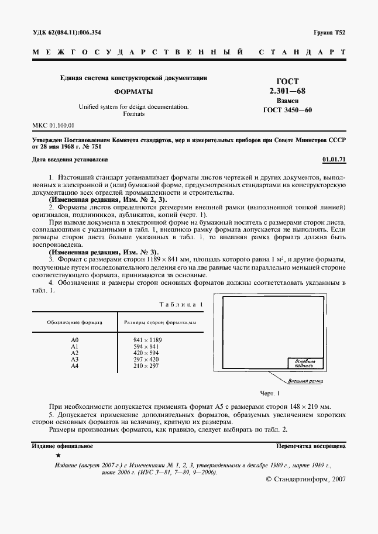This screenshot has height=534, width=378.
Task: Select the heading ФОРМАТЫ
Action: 133,92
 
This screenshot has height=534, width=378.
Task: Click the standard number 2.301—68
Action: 287,91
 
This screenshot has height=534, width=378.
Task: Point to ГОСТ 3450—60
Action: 288,109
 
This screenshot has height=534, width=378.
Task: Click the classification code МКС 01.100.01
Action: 53,125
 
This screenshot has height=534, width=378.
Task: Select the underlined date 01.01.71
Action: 334,159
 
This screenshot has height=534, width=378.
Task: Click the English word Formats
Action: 133,114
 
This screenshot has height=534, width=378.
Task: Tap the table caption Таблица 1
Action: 181,304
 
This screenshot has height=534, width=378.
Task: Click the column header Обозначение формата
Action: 75,322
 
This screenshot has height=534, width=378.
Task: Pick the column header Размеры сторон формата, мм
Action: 160,322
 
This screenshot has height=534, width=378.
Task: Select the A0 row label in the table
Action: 74,340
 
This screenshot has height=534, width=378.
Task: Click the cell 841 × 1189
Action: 147,340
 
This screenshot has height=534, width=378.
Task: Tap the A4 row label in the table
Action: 74,366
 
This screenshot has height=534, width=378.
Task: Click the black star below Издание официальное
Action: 57,455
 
